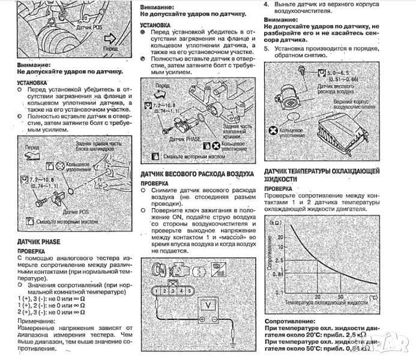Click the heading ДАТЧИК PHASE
point(38,241)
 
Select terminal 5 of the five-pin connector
point(189,290)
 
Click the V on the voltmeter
point(207,304)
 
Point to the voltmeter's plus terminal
point(195,319)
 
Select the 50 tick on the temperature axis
point(340,296)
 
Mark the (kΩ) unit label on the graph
point(280,223)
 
